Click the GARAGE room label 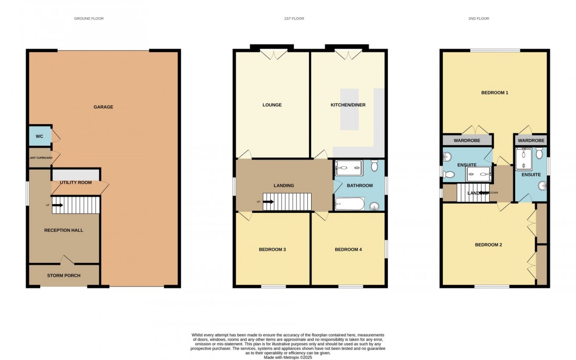click(103, 107)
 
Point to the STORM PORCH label click(63, 275)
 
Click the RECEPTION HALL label click(63, 230)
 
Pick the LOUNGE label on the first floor click(272, 105)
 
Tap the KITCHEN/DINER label click(348, 105)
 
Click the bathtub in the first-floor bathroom click(349, 203)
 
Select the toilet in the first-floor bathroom click(374, 166)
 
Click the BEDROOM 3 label click(272, 250)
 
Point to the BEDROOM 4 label click(348, 250)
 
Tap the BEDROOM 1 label click(494, 93)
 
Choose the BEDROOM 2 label click(488, 245)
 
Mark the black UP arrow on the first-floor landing click(269, 201)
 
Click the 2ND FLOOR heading click(478, 19)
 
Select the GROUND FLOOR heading click(88, 19)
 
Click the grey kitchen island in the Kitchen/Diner click(349, 109)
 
